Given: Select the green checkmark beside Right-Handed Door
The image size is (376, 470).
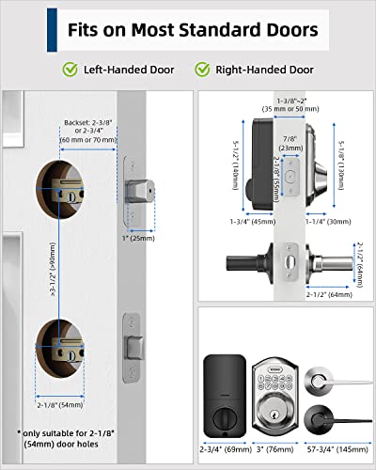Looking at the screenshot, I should click(202, 69).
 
